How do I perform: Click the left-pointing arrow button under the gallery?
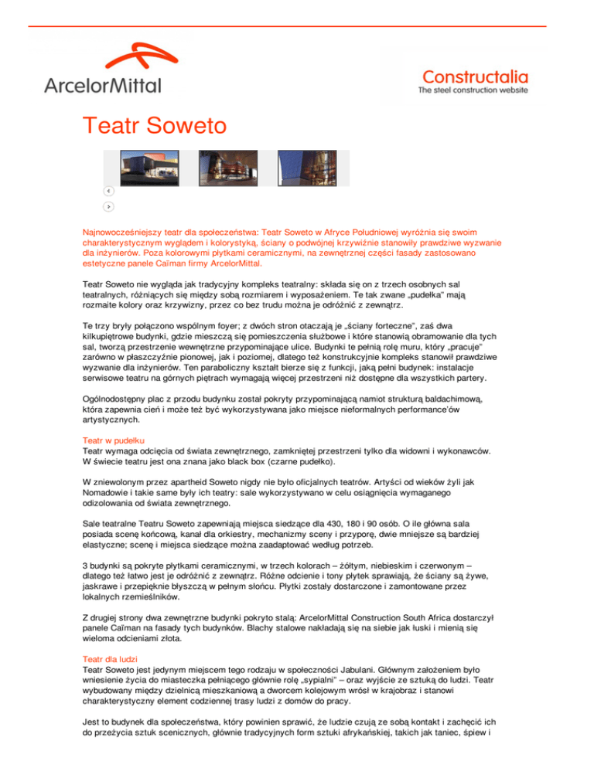click(x=109, y=190)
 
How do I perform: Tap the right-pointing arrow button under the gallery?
click(x=109, y=206)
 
